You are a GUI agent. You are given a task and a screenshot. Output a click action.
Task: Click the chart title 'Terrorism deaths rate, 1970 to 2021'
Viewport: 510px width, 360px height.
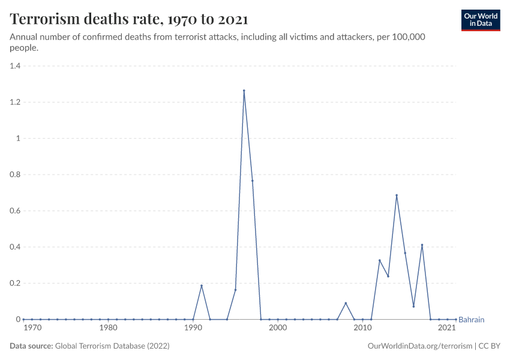tap(129, 19)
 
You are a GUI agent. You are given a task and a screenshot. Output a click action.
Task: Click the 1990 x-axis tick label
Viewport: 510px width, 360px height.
tap(193, 328)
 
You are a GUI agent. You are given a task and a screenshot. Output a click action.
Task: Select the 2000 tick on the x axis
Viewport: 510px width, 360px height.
tap(278, 328)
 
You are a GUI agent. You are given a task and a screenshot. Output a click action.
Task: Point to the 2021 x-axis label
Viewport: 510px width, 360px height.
tap(446, 328)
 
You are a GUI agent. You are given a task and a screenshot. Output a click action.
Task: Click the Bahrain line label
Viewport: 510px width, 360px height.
tap(471, 320)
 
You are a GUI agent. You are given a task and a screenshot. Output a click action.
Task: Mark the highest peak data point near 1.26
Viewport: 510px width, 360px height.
tap(244, 91)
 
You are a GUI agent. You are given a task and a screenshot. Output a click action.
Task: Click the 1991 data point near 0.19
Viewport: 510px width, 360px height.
tap(201, 286)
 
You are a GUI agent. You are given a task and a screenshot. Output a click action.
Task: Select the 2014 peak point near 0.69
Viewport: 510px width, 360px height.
tap(397, 195)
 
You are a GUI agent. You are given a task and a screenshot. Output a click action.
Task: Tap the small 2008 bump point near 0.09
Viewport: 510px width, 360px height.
tap(346, 303)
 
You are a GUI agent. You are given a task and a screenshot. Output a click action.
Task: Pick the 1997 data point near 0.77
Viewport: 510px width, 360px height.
tap(252, 181)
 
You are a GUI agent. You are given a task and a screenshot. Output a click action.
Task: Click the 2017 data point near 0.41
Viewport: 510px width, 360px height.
tap(422, 245)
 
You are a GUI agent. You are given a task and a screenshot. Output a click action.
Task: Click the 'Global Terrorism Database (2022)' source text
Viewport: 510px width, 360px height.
tap(112, 346)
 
